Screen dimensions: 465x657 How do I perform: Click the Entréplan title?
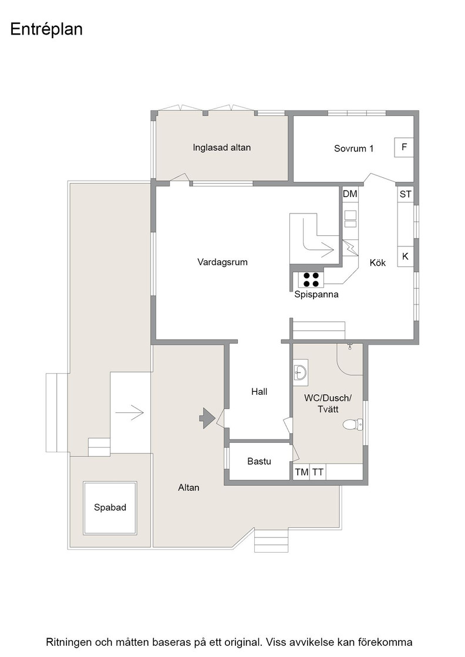[x=46, y=29]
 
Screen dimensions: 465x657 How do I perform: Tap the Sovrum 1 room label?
[x=353, y=148]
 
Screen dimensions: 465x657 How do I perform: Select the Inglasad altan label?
[x=222, y=147]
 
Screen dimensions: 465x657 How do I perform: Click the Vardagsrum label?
[x=223, y=262]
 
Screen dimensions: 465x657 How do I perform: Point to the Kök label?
[x=378, y=263]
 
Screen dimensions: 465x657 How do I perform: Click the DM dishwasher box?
[x=350, y=194]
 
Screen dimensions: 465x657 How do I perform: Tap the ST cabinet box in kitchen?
[x=406, y=194]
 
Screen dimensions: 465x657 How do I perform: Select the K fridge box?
[x=406, y=256]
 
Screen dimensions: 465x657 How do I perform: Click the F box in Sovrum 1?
[x=404, y=147]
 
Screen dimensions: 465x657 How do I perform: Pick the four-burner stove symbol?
[x=311, y=279]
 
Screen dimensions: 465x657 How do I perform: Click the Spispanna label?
[x=316, y=294]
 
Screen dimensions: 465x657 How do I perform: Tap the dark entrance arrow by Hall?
[x=207, y=418]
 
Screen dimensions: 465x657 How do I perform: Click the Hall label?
[x=259, y=392]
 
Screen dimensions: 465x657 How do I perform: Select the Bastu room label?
[x=259, y=462]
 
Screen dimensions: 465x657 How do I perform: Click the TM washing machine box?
[x=301, y=472]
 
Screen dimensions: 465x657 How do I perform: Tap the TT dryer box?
[x=318, y=472]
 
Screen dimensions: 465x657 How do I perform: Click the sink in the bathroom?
[x=301, y=372]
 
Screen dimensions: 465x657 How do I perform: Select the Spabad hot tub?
[x=110, y=508]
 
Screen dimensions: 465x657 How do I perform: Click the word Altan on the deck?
[x=188, y=487]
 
